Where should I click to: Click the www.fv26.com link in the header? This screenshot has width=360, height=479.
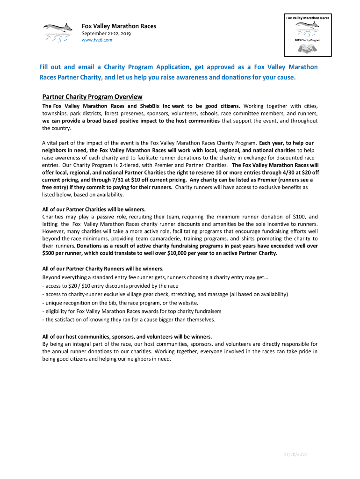point(97,40)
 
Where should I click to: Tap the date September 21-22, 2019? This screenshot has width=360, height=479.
point(107,33)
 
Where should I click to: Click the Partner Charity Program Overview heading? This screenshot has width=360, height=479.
point(92,97)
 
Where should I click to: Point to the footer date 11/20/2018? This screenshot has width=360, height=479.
point(295,454)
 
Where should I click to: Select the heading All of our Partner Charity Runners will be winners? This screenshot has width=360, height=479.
point(103,269)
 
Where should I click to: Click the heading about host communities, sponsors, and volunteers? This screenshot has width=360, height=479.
point(127,336)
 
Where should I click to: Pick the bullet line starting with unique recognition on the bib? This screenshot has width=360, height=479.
point(120,303)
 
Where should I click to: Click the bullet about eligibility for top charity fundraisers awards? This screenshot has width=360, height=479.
point(131,311)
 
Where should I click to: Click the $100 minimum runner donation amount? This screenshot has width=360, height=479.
point(299,217)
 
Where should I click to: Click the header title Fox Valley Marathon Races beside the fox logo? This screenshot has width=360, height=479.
point(119,26)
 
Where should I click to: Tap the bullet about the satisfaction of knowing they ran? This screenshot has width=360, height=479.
point(129,319)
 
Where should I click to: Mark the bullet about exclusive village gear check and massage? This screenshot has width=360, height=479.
point(165,294)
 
